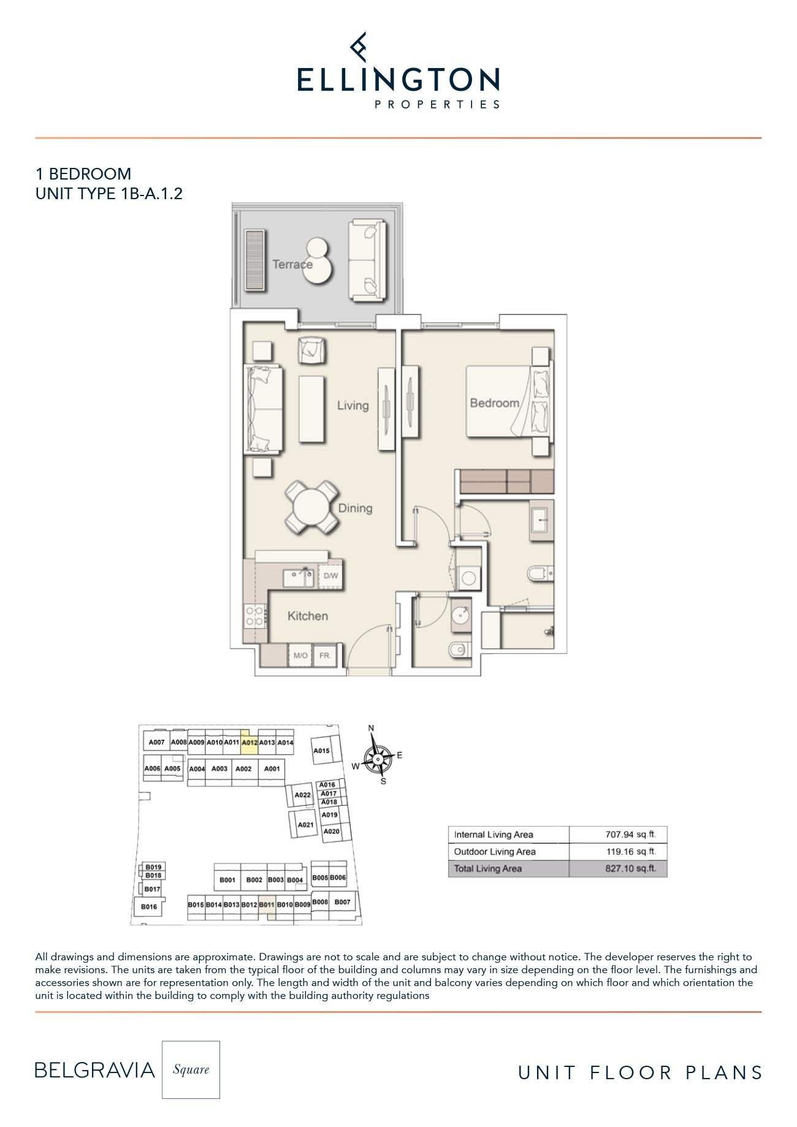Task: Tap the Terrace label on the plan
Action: tap(292, 265)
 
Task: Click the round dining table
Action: tap(311, 508)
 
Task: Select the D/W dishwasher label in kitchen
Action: tap(330, 576)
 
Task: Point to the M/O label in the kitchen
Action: tap(300, 656)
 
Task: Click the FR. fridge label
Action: tap(325, 656)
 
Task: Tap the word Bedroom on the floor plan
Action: tap(494, 403)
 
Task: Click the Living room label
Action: tap(353, 405)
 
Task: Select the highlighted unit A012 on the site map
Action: tap(249, 742)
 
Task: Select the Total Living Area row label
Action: tap(488, 868)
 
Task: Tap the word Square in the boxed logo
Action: tap(191, 1069)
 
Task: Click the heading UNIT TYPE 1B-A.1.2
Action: tap(109, 194)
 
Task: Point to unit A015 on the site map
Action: tap(322, 751)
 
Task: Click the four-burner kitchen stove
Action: tap(254, 616)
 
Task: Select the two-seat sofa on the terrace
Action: tap(368, 260)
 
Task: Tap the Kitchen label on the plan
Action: tap(308, 616)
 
